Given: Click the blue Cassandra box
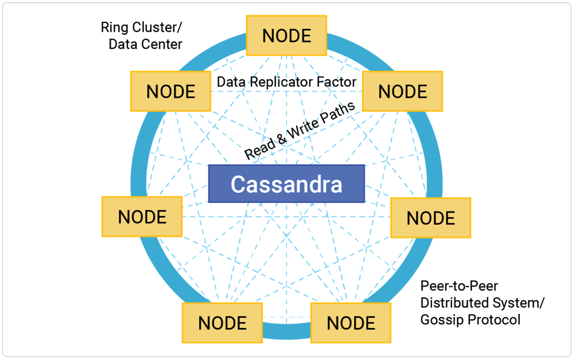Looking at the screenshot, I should (286, 184).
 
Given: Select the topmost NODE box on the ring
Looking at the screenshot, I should (286, 36).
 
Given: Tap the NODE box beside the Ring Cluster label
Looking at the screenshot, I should (170, 92).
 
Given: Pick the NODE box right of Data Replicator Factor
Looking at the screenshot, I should (402, 92).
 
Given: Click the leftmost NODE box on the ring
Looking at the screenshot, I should (142, 217).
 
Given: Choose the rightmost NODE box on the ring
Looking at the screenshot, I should (431, 218).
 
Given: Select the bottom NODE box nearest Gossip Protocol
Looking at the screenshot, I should (351, 323).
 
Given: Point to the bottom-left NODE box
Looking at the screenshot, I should (222, 323).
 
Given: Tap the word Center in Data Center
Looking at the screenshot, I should (162, 44).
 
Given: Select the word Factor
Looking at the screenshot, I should (340, 81).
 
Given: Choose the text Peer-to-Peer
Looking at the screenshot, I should (459, 286).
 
